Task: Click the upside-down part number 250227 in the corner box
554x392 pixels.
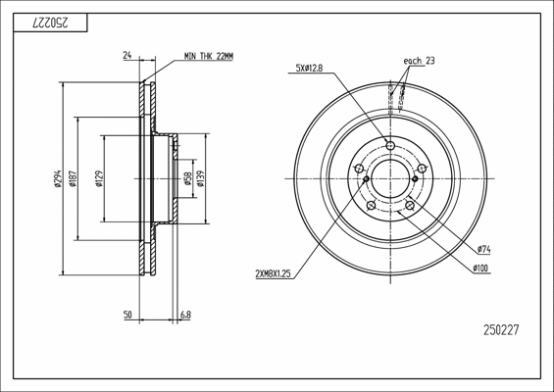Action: point(50,24)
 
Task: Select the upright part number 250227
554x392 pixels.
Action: point(501,330)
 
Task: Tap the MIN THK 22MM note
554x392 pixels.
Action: point(209,56)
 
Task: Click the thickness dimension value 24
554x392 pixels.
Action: point(127,55)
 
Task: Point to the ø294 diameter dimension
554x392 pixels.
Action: point(58,178)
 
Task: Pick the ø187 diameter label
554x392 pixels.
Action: point(74,178)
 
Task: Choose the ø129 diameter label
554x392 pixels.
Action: point(99,178)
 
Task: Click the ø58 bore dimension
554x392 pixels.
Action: point(187,178)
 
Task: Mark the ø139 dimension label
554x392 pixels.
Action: point(201,178)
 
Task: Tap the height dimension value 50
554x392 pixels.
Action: point(127,315)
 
